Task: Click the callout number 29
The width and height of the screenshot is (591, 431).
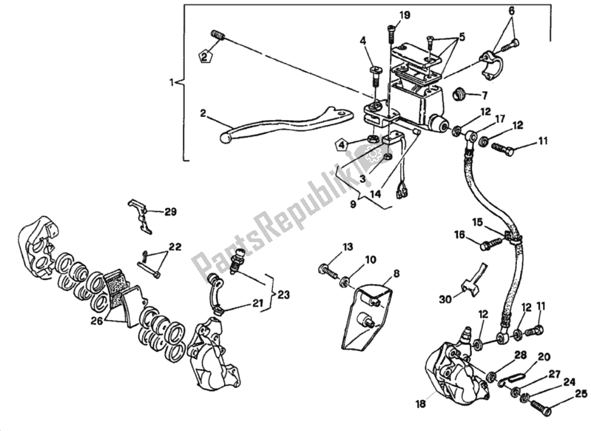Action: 171,212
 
